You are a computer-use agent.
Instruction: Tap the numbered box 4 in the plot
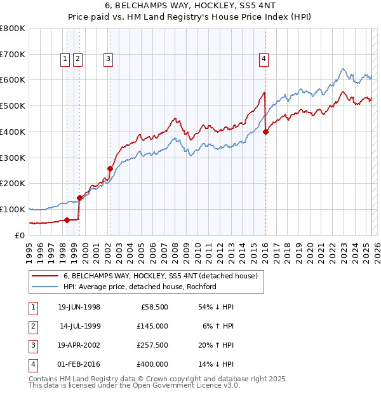tap(263, 59)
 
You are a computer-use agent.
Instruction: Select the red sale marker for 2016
tap(265, 132)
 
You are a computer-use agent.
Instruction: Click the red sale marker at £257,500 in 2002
tap(110, 168)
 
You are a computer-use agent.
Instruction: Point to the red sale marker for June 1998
tap(67, 220)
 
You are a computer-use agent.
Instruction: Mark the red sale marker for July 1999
tap(79, 198)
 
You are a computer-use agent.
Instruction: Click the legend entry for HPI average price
tap(140, 287)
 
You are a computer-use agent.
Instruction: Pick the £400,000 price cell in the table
tap(152, 364)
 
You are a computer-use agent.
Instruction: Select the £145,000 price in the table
tap(152, 326)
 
